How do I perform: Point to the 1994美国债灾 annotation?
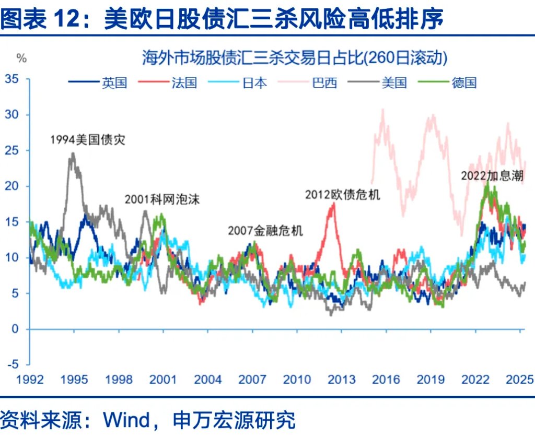[x=88, y=140]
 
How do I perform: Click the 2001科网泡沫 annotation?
[x=162, y=199]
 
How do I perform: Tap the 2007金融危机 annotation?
[x=265, y=231]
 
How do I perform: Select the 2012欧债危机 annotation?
[x=343, y=195]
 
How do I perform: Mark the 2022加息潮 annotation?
[x=492, y=175]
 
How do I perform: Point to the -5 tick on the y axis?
[x=14, y=364]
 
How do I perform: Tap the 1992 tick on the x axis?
[x=29, y=380]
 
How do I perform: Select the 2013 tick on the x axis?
[x=341, y=380]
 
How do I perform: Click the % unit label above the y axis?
[x=21, y=58]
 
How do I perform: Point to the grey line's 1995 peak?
[x=73, y=153]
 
